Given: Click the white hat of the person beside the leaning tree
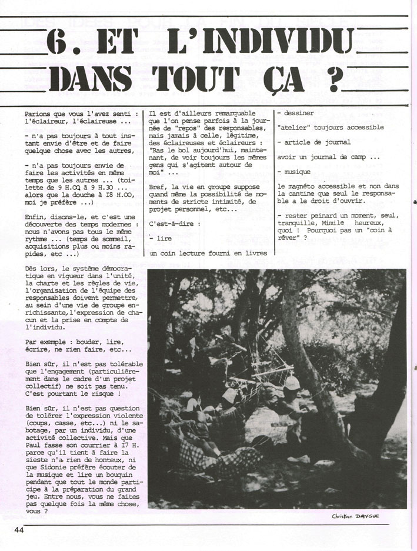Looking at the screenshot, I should click(x=291, y=383).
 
